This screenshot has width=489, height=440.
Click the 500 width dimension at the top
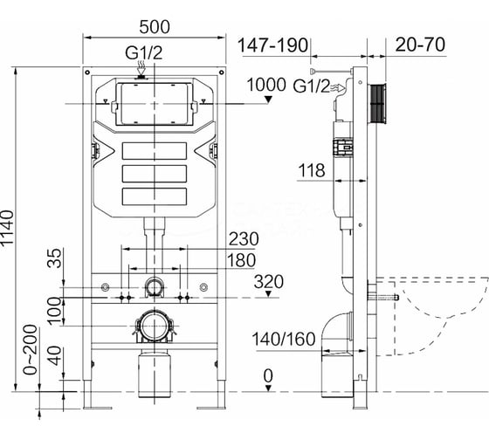(x=155, y=27)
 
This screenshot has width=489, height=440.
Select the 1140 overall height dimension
(x=7, y=229)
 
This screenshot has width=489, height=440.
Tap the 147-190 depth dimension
(x=272, y=45)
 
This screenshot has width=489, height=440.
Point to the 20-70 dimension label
(x=420, y=45)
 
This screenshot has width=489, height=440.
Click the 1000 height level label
(x=266, y=85)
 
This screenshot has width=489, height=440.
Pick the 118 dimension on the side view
(x=312, y=170)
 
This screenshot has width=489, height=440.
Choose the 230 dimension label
(x=244, y=239)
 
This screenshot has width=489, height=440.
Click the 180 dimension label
(x=241, y=260)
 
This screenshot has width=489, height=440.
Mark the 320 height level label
(x=269, y=282)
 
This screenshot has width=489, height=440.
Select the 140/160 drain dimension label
(x=284, y=339)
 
